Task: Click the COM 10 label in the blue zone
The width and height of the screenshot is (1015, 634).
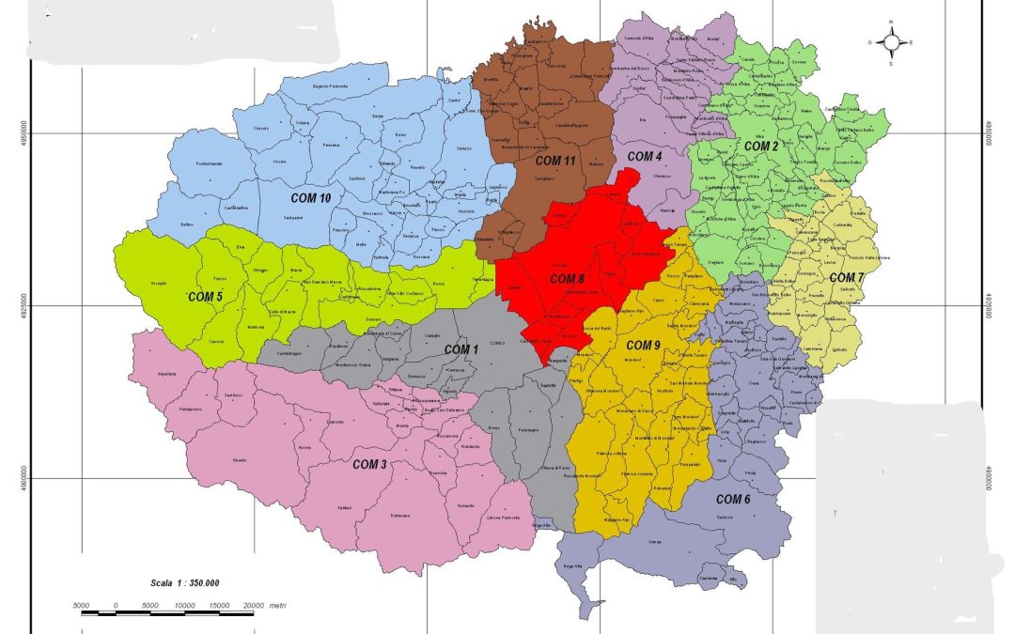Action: click(x=310, y=198)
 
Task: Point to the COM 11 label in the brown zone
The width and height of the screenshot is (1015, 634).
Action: click(x=556, y=161)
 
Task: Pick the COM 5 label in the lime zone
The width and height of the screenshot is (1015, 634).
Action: click(x=205, y=297)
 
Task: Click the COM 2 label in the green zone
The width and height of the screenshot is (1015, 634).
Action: click(x=761, y=147)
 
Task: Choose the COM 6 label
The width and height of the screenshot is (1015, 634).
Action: click(x=733, y=499)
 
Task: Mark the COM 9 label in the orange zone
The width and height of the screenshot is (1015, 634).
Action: click(x=645, y=345)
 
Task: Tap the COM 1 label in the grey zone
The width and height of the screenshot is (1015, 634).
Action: click(x=461, y=349)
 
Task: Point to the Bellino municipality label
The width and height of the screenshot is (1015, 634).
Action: click(x=186, y=224)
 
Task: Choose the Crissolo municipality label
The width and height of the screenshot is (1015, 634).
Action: click(x=261, y=129)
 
